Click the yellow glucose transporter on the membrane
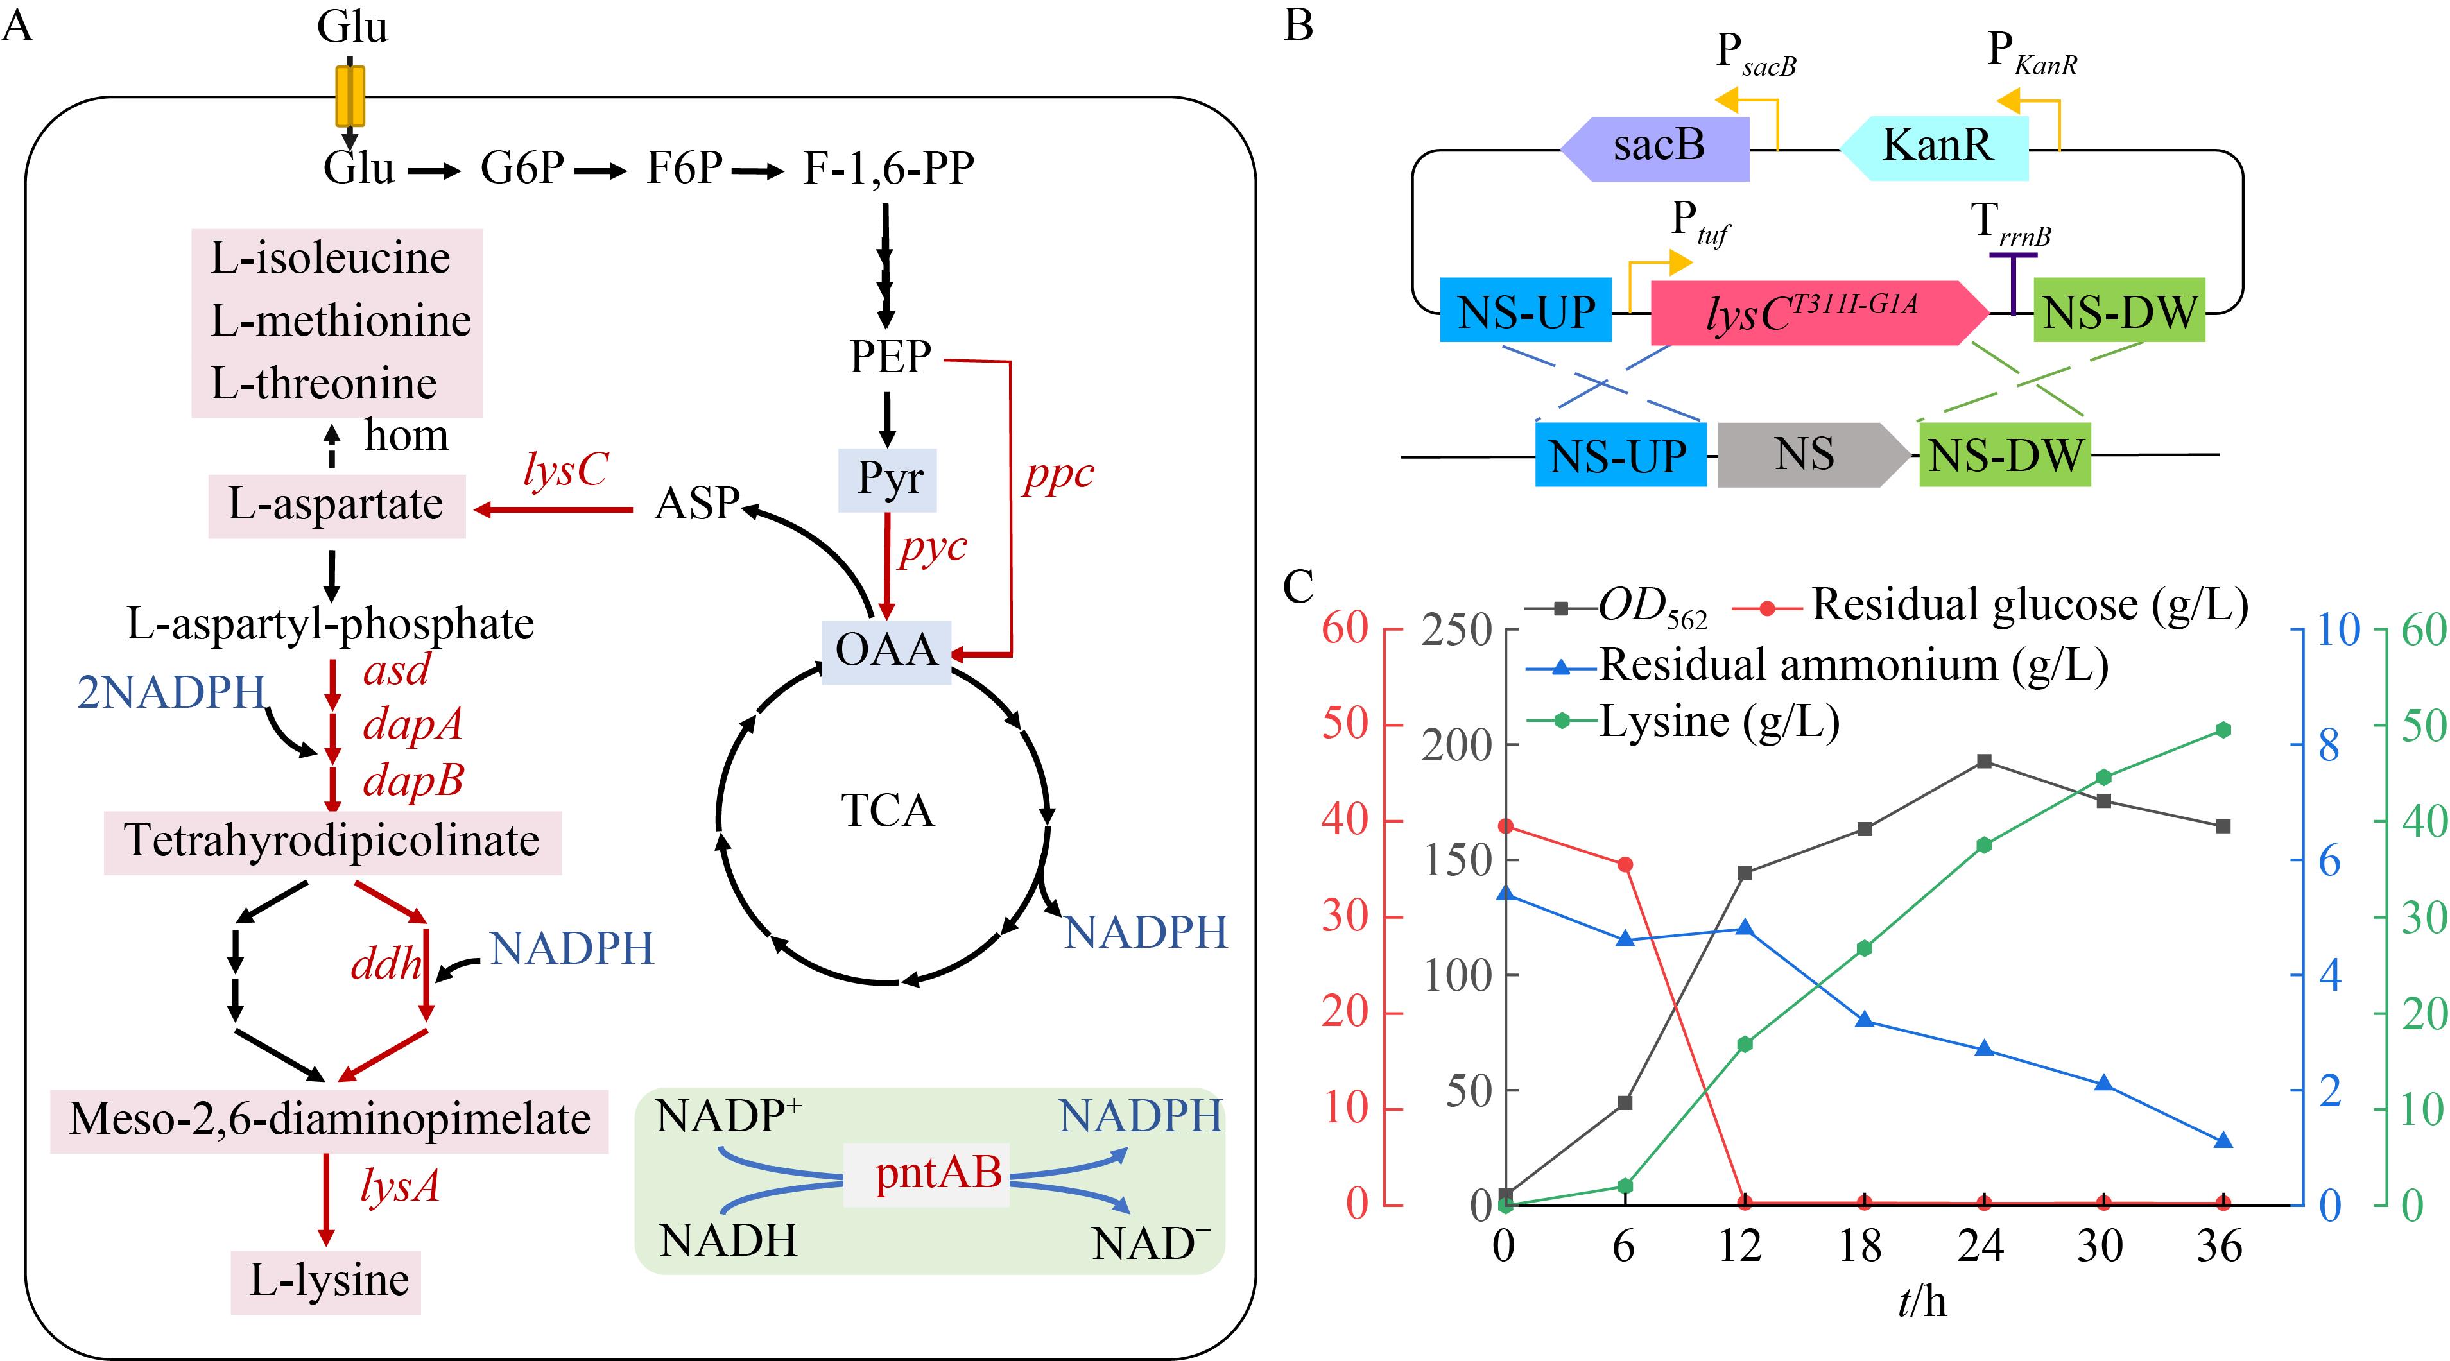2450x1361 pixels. click(x=350, y=96)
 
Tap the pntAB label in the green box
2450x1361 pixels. click(x=938, y=1172)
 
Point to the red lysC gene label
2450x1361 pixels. click(x=566, y=469)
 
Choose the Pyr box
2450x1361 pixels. click(x=887, y=479)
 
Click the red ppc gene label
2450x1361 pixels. click(x=1058, y=475)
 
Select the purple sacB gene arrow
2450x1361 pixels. click(x=1655, y=148)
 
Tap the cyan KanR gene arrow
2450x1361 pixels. click(x=1935, y=148)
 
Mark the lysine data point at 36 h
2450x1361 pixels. click(x=2223, y=730)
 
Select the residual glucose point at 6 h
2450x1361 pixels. click(x=1625, y=864)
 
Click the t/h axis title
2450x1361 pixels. click(x=1922, y=1302)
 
